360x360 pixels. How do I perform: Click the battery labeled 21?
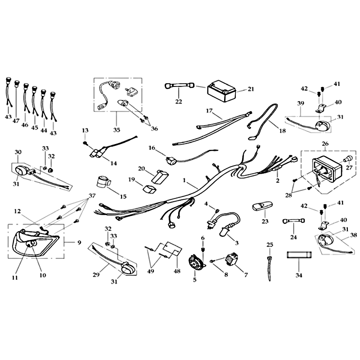[x=221, y=91]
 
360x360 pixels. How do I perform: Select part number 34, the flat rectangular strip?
[x=299, y=255]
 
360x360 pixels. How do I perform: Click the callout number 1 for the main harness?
[x=184, y=180]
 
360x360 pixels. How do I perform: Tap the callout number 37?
[x=92, y=196]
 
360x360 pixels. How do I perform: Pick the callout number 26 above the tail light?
[x=325, y=144]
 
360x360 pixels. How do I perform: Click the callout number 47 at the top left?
[x=16, y=121]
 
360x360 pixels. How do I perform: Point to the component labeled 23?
[x=262, y=207]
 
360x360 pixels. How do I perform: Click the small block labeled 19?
[x=149, y=188]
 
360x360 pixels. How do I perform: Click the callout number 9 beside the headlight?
[x=79, y=243]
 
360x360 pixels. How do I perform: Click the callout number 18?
[x=283, y=130]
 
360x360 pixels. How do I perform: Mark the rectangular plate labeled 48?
[x=172, y=248]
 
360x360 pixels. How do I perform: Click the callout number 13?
[x=85, y=130]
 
